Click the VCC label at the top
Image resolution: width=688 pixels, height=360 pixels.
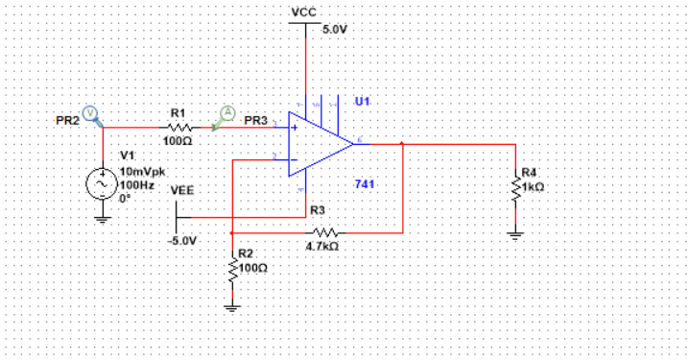(x=304, y=11)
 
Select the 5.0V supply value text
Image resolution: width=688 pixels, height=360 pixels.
(x=335, y=30)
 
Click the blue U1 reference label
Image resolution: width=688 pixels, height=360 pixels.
(x=362, y=101)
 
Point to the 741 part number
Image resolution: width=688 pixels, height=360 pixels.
(x=364, y=182)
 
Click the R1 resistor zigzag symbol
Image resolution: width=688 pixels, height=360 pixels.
(x=178, y=126)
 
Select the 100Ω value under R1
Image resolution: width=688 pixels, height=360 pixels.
(x=178, y=140)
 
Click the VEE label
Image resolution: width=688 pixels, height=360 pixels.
(x=181, y=190)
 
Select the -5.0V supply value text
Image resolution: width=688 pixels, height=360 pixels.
(x=181, y=240)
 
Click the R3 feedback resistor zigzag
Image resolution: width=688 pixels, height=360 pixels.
(x=325, y=231)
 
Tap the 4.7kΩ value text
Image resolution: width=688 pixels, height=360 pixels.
(x=321, y=247)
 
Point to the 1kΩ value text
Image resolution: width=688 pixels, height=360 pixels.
(x=534, y=187)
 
